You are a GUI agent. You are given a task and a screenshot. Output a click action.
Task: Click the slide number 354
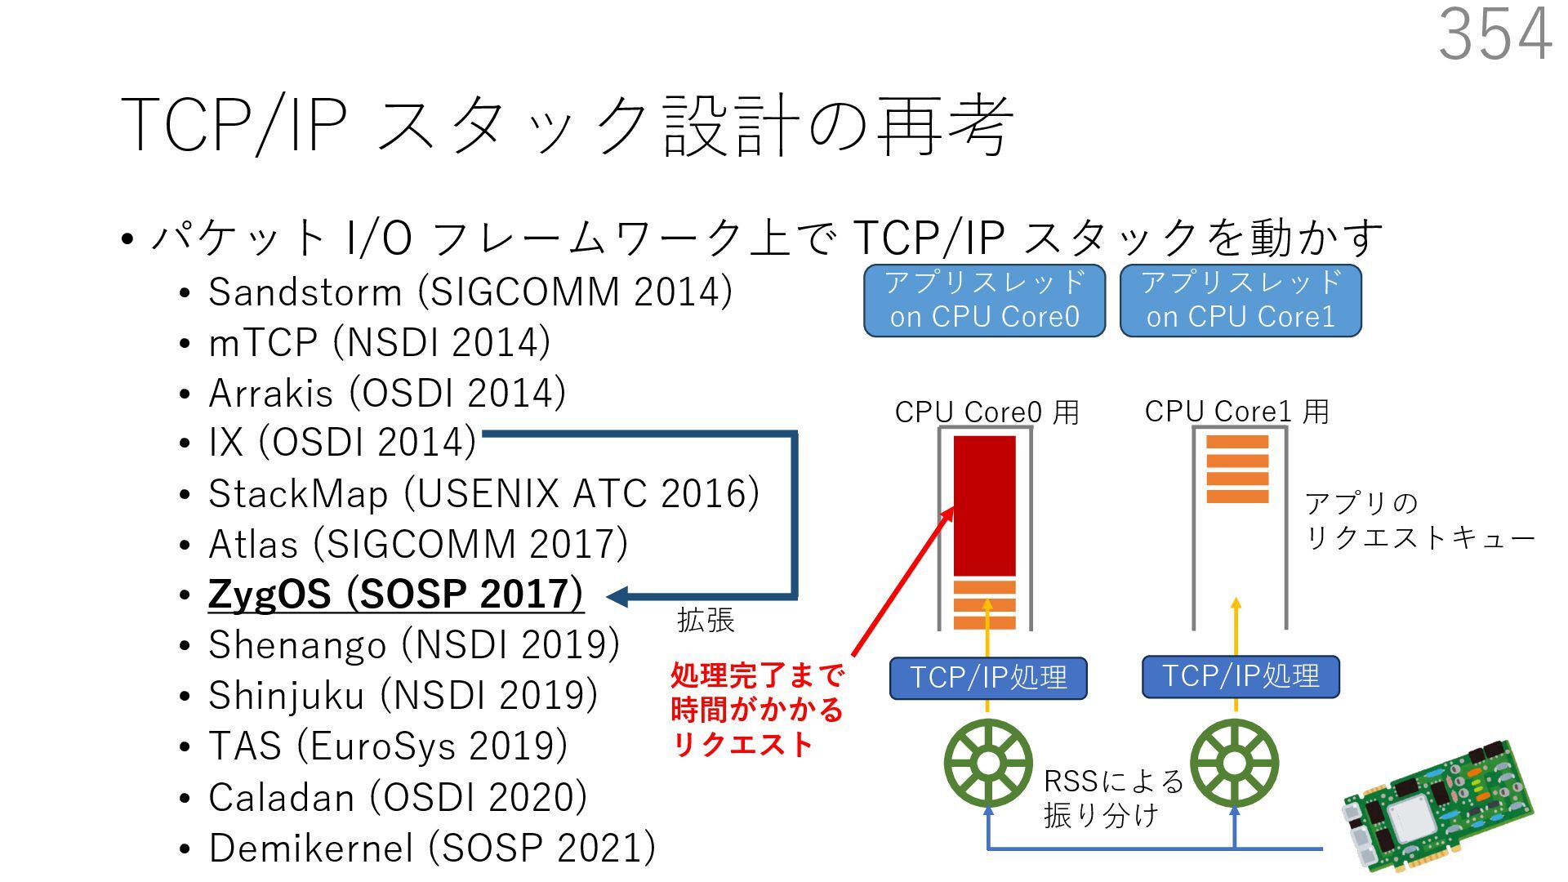coord(1494,34)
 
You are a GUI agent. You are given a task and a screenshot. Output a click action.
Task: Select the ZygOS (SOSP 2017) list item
coord(395,594)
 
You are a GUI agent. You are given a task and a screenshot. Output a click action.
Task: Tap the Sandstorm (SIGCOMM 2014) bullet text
coord(470,292)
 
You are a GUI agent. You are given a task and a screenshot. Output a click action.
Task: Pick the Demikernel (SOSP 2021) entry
coord(431,848)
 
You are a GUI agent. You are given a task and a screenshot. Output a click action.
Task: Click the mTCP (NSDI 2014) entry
coord(379,342)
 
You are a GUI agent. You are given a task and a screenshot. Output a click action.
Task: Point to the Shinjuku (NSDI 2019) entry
coord(403,695)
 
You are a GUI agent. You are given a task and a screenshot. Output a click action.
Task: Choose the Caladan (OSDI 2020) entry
coord(397,797)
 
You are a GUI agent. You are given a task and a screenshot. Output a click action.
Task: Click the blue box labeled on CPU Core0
coord(984,301)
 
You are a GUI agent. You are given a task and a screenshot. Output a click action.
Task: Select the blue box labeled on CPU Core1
coord(1240,301)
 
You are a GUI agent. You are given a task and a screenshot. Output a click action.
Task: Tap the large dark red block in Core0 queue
coord(985,506)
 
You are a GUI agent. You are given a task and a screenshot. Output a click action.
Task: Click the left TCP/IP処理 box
coord(988,678)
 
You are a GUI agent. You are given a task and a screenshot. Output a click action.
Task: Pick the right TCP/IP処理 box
coord(1240,676)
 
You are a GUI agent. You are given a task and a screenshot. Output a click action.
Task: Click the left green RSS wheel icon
coord(988,764)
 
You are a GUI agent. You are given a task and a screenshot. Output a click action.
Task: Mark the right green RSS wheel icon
coord(1234,764)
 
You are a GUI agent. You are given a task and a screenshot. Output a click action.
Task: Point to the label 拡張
coord(706,621)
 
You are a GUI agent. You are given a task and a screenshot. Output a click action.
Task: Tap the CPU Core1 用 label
coord(1236,412)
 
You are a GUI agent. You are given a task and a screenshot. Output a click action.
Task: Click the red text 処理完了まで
coord(756,675)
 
